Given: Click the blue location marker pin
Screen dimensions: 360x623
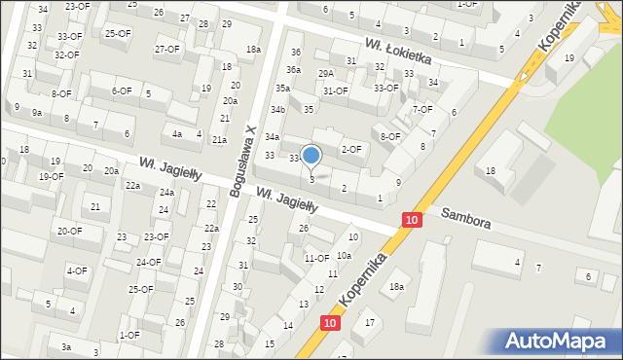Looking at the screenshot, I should coord(311,155).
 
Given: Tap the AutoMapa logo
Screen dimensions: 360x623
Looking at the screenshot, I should coord(559,342).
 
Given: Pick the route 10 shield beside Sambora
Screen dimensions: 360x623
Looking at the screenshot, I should coord(412,221).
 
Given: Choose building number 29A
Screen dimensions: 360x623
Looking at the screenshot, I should coord(325,73).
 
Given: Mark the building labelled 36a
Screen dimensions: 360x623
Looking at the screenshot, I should coord(293,70).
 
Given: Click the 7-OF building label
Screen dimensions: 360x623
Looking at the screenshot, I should coord(421,109).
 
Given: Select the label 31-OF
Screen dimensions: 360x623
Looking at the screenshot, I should coord(336,91).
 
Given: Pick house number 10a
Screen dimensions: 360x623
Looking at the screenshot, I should coord(344,255).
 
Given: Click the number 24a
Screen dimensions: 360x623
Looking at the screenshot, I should coord(166,193).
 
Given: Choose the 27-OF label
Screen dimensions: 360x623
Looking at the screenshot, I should coord(166,49).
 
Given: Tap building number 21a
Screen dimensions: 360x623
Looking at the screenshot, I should coord(220,140).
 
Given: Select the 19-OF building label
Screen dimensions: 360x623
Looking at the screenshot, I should coord(51,177).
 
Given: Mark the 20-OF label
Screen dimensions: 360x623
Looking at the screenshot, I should coord(69,231).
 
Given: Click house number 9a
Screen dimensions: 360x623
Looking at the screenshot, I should coord(36,113).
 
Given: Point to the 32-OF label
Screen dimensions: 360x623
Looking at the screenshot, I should coord(66,54).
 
